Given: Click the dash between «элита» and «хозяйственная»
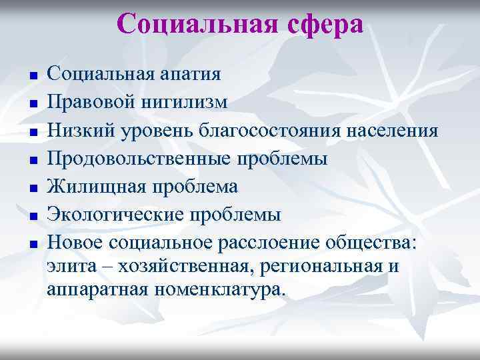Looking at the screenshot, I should click(101, 267).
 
